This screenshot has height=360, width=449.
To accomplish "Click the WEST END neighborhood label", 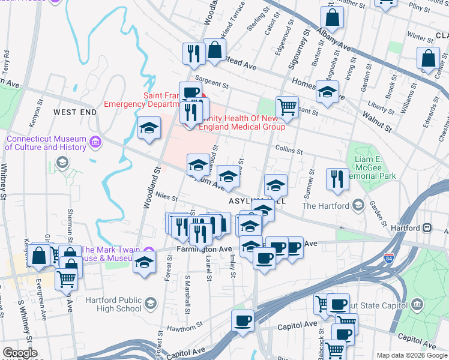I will coord(74,112).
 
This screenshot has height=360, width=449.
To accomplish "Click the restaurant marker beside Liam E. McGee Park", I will coord(336,178).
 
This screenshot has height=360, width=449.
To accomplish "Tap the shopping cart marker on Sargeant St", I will coord(288,106).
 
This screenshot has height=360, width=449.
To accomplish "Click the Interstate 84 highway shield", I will coord(389,259).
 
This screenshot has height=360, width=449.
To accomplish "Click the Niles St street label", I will coord(167,196).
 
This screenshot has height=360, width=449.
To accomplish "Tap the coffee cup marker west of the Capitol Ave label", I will coord(243,320).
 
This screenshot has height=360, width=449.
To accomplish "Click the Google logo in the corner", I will coord(20,353).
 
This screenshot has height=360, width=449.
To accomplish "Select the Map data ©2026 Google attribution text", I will coord(411,355).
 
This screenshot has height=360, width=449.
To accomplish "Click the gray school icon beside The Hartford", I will coord(358,205).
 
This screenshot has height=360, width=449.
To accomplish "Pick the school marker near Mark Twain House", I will coord(143,262).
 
